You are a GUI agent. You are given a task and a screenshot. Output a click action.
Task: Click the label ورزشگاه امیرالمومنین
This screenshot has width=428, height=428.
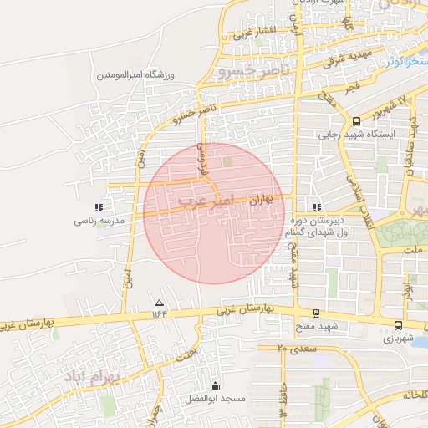point(128,75)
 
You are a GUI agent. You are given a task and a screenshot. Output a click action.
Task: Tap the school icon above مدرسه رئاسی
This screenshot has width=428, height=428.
point(99,207)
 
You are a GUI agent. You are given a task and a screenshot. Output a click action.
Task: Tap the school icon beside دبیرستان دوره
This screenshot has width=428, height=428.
point(316,207)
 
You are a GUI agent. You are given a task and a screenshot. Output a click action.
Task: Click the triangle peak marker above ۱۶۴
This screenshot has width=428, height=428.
point(160,302)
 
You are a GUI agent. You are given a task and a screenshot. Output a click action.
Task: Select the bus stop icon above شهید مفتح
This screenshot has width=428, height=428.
point(316,313)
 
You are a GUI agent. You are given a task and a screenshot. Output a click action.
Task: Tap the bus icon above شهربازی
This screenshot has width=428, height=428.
point(398,326)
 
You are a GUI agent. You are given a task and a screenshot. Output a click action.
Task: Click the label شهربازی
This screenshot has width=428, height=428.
point(399,339)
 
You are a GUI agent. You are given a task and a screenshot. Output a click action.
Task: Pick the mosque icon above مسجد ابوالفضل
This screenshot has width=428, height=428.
point(216,385)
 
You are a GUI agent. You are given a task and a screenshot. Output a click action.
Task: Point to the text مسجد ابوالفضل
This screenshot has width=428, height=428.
point(217,400)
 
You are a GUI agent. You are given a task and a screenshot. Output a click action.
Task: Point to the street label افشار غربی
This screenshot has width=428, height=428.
point(253,33)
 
